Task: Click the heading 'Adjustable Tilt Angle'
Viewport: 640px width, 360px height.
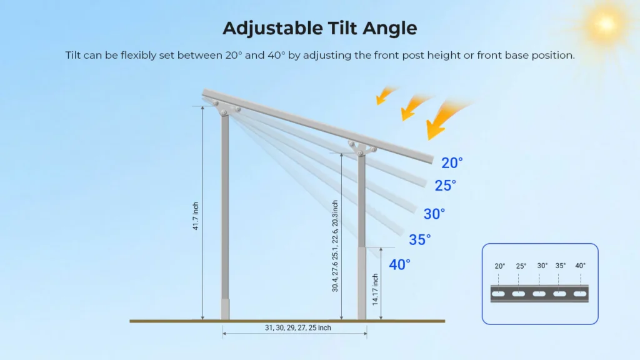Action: (x=319, y=29)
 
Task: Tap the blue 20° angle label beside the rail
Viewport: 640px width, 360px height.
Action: (x=452, y=163)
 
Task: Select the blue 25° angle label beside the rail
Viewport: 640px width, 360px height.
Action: (x=445, y=186)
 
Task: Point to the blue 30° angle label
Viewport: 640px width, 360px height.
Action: (x=434, y=214)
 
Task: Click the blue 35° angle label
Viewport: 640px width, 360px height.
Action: (x=419, y=239)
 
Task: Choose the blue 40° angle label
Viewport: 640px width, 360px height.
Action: (x=399, y=264)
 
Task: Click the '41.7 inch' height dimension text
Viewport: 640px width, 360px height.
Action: (x=196, y=216)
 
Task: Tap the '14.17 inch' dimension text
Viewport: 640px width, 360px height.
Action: (x=375, y=289)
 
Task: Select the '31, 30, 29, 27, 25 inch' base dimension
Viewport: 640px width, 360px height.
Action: (x=297, y=327)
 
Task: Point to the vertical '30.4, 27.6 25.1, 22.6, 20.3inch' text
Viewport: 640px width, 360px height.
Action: (x=335, y=246)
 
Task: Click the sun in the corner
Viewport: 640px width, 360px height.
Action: (x=606, y=24)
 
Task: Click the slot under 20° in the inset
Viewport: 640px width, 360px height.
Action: (x=498, y=294)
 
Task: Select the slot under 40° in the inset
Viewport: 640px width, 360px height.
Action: (x=580, y=294)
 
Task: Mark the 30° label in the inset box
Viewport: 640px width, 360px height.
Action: (x=542, y=266)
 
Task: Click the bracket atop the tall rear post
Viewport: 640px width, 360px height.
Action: (x=226, y=108)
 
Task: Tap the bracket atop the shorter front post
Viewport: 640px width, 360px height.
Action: (x=362, y=149)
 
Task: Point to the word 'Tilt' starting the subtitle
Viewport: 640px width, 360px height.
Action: (x=73, y=55)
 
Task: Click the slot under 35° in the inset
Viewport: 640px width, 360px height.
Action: (x=559, y=294)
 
